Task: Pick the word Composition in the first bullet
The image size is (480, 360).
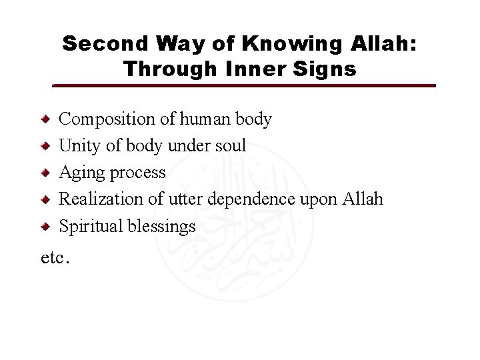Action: click(99, 120)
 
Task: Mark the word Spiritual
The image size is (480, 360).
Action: click(86, 226)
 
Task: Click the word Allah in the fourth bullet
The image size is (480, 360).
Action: click(365, 199)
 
